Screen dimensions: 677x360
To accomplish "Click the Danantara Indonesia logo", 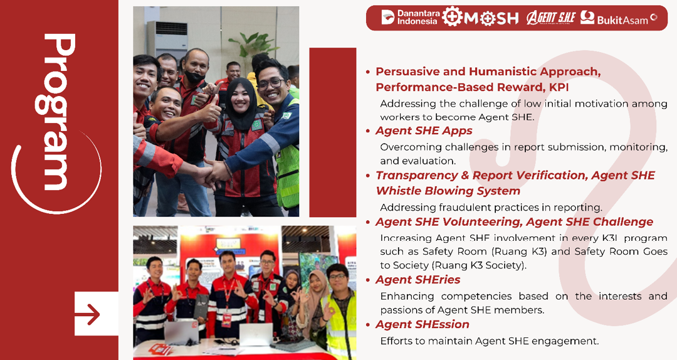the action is pos(410,18).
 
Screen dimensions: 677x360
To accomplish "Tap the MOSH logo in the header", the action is pos(481,18).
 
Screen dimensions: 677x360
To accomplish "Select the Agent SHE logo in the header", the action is pos(550,18).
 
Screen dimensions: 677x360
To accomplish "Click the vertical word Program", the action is pos(59,112).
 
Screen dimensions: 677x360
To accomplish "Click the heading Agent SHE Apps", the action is pos(424,130).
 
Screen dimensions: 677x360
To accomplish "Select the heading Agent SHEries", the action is pos(417,280).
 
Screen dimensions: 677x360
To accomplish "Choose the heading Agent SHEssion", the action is pos(422,324).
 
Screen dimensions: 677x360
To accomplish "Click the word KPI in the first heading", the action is pos(559,87).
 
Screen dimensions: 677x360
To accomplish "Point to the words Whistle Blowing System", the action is pos(448,191).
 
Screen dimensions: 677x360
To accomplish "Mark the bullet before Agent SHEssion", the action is pos(368,325).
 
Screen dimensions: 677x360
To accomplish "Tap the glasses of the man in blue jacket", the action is pos(270,83).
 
